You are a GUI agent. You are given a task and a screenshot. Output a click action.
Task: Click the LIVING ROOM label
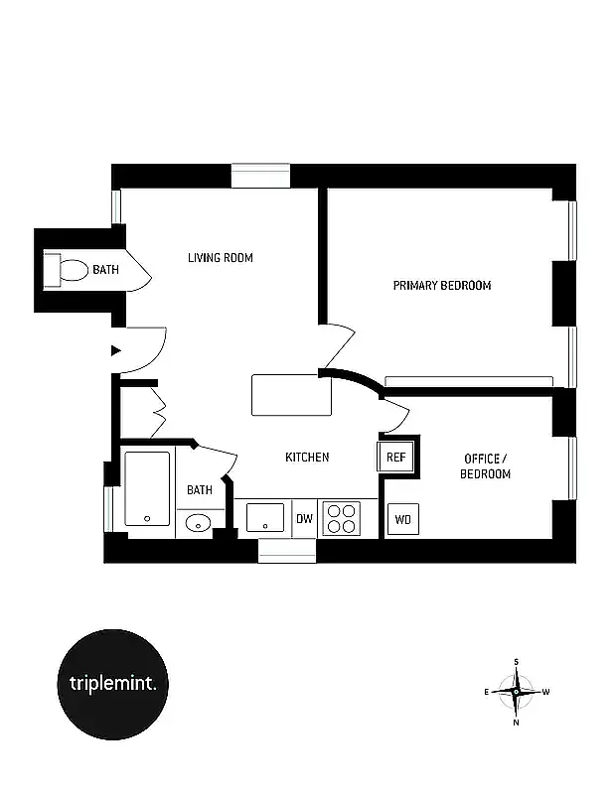tap(221, 258)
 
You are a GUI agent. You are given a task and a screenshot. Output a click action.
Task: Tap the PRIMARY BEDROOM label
tap(442, 286)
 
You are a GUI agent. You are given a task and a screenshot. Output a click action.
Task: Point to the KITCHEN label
tap(307, 458)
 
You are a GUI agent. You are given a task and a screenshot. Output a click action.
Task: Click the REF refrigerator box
tap(395, 458)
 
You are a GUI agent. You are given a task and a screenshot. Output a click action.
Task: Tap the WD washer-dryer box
tap(402, 519)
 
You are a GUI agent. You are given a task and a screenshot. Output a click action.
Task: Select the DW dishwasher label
tap(304, 519)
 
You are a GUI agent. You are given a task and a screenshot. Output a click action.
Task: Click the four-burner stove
tap(342, 518)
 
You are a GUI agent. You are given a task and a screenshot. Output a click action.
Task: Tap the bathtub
tap(147, 489)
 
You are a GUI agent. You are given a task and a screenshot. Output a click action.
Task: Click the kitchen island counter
tap(291, 395)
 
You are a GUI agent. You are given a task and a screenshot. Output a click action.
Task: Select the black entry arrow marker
tap(116, 350)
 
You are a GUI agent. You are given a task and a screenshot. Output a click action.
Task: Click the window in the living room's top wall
tap(260, 176)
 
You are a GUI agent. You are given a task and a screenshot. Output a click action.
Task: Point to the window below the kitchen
tap(287, 551)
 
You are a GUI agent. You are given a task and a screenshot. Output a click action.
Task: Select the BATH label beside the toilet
tap(105, 269)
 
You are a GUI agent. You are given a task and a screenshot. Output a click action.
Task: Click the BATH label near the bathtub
tap(200, 489)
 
